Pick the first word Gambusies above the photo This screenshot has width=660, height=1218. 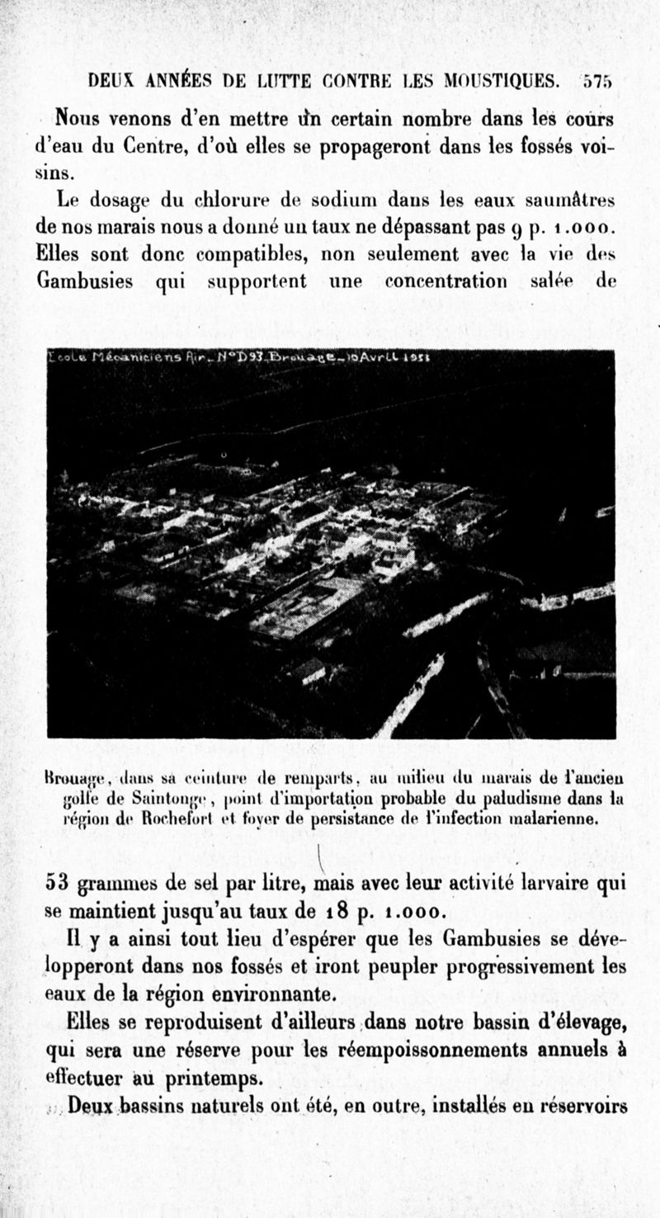[85, 281]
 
